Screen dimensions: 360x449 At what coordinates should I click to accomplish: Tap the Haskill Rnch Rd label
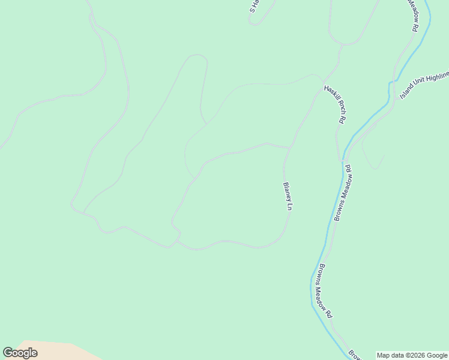click(x=334, y=104)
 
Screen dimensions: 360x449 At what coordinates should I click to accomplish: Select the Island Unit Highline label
click(x=424, y=85)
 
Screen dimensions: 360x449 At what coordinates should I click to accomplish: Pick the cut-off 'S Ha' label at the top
click(x=255, y=6)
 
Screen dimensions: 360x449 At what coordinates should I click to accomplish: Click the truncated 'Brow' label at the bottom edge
click(x=355, y=355)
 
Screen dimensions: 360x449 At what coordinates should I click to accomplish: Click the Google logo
click(x=20, y=353)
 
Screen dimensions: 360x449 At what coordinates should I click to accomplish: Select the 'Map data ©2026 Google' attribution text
click(x=412, y=355)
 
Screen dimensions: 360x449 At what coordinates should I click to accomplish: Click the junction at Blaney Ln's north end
click(x=291, y=147)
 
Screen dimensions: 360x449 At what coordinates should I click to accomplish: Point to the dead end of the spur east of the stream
click(x=384, y=155)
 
